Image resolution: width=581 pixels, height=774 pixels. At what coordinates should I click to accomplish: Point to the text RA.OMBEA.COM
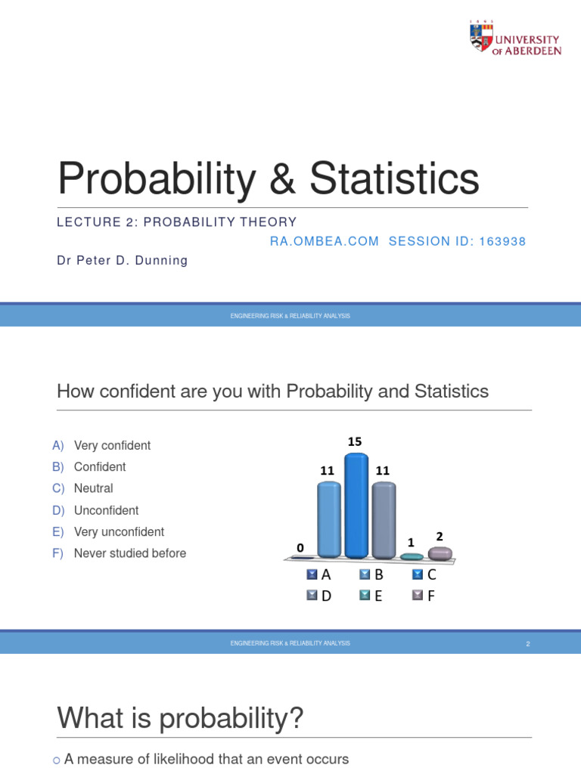pyautogui.click(x=325, y=241)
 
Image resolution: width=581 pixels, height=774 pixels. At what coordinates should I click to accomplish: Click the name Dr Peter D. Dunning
pyautogui.click(x=122, y=261)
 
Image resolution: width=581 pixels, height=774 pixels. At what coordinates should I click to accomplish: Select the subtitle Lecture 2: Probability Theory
pyautogui.click(x=177, y=222)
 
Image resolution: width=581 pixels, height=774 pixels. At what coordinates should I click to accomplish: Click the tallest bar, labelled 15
pyautogui.click(x=356, y=506)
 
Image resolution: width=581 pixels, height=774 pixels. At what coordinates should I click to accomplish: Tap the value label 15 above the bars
pyautogui.click(x=355, y=441)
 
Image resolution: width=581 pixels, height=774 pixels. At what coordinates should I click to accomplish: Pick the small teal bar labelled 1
pyautogui.click(x=412, y=556)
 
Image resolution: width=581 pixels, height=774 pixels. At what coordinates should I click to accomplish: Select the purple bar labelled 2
pyautogui.click(x=440, y=553)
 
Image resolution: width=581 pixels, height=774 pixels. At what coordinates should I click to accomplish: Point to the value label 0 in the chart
pyautogui.click(x=300, y=547)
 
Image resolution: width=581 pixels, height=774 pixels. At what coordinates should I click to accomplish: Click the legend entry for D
pyautogui.click(x=320, y=596)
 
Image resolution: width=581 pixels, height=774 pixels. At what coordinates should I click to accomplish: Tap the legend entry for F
pyautogui.click(x=424, y=596)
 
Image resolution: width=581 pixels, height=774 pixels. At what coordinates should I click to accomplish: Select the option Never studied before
pyautogui.click(x=129, y=553)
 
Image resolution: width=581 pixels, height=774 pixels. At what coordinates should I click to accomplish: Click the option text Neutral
pyautogui.click(x=93, y=488)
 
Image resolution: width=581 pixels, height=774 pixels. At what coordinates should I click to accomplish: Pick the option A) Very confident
pyautogui.click(x=101, y=445)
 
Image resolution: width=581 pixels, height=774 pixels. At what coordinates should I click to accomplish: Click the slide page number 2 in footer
pyautogui.click(x=528, y=643)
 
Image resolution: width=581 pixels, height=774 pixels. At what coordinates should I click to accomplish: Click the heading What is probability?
pyautogui.click(x=180, y=718)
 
